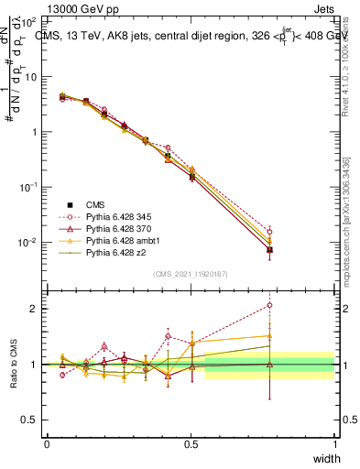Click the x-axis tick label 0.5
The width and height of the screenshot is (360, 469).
point(191,445)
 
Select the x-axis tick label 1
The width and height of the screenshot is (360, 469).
point(335,445)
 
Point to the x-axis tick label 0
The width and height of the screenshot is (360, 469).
point(47,445)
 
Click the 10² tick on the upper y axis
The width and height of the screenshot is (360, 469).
point(31,20)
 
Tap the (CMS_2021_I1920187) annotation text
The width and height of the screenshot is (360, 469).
point(191,274)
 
